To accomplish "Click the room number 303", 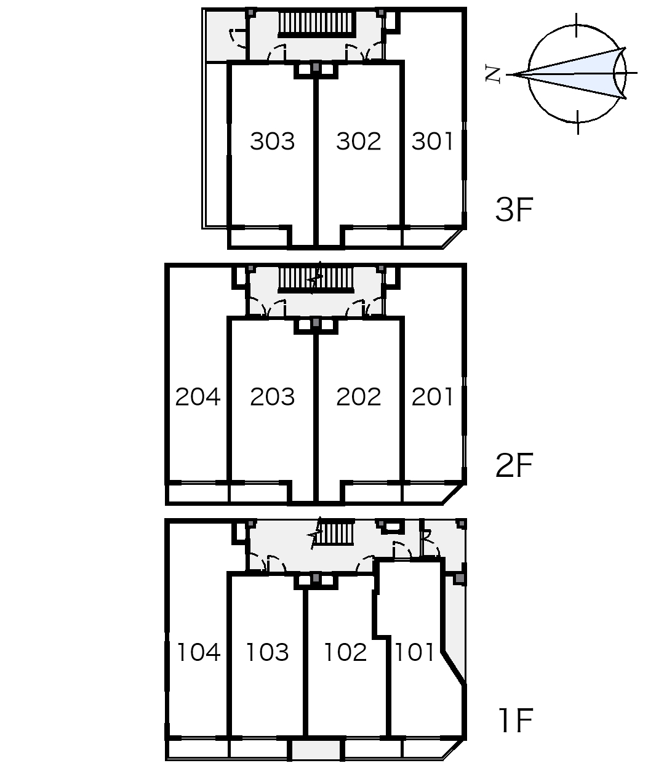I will coord(272,142).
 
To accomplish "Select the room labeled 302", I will coord(358,142).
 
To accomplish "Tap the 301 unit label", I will coord(432,142).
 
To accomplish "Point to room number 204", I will coord(198,397).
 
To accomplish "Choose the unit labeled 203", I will coord(272,397).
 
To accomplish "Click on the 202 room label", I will coord(358,397).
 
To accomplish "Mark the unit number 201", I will coord(432,397).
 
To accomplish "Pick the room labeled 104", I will coord(198,652).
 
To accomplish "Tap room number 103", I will coord(267,652).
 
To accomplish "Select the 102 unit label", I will coord(345,652).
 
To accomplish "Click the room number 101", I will coord(414,652).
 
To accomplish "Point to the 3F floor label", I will coord(513,210).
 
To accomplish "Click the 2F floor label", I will coord(513,466).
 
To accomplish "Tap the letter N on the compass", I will coord(493,74).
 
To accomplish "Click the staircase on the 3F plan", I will coord(317,25).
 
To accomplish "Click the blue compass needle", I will coord(572,73).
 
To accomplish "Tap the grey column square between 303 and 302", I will coord(316,67).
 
